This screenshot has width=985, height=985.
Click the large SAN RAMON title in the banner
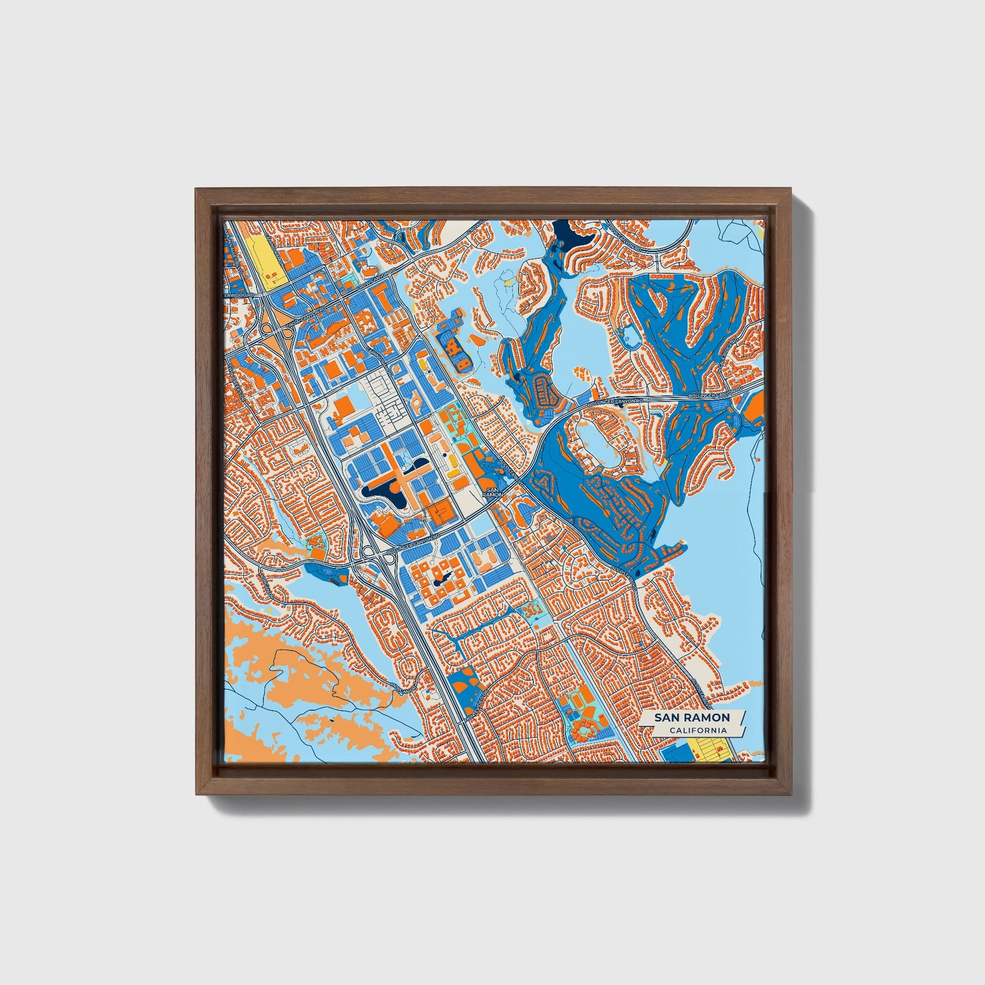coord(692,718)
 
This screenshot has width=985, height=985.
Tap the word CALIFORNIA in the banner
coord(696,731)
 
